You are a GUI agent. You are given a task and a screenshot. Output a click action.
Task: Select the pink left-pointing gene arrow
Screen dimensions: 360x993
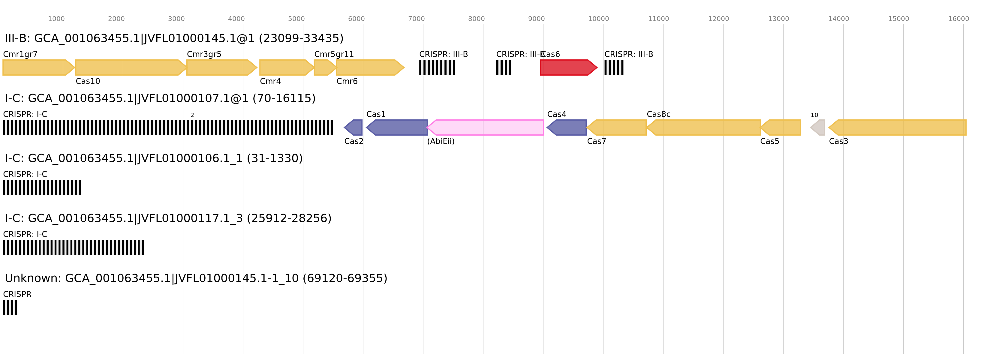click(486, 127)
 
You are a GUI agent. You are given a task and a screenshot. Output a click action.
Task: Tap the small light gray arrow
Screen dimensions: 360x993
click(818, 127)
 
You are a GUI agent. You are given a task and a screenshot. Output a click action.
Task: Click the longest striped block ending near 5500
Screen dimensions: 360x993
click(168, 127)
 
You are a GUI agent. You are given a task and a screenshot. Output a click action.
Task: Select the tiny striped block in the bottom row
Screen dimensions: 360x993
click(10, 307)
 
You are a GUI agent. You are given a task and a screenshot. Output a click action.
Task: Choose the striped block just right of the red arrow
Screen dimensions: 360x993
click(614, 67)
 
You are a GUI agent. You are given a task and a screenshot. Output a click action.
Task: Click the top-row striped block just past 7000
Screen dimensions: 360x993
click(437, 67)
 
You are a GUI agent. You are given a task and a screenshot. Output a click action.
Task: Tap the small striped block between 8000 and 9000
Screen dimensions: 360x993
click(504, 67)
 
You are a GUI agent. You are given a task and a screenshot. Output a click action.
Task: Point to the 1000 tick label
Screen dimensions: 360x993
click(56, 19)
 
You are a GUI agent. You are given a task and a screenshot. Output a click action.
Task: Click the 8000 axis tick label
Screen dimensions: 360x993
click(477, 19)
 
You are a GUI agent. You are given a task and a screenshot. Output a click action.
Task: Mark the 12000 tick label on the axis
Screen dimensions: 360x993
click(718, 19)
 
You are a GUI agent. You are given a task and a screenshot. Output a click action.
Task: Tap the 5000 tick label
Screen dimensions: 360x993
click(296, 19)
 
